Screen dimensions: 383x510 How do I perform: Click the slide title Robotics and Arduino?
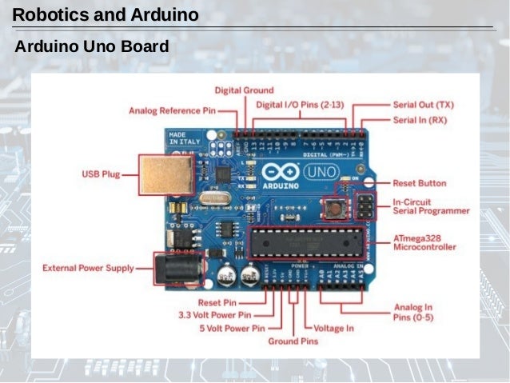106,14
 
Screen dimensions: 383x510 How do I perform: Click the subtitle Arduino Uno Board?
92,47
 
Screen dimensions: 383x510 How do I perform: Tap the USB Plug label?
102,173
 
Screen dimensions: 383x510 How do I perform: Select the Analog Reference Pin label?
172,110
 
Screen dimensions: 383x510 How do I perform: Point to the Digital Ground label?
244,90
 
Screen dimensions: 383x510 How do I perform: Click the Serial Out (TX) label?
423,104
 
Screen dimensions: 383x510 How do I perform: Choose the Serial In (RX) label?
420,120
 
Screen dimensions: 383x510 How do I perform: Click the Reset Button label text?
420,183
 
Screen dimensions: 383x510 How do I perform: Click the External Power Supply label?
88,268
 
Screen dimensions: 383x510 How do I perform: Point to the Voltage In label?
333,328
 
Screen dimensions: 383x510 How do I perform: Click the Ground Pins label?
293,341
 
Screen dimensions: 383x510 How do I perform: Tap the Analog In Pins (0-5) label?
413,312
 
